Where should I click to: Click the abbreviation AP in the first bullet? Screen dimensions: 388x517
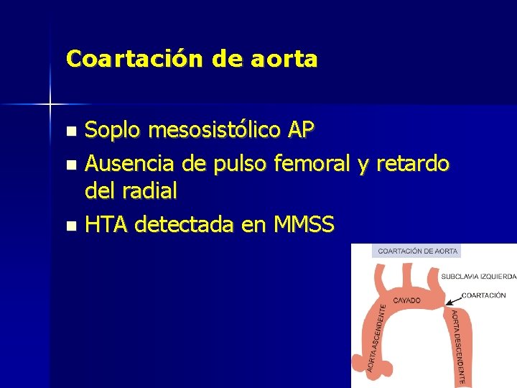coord(300,130)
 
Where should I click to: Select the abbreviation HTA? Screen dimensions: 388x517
coord(106,225)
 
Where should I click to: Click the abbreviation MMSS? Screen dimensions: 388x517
coord(304,225)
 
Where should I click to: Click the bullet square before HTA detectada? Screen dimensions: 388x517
coord(70,226)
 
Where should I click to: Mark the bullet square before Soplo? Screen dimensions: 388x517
coord(70,131)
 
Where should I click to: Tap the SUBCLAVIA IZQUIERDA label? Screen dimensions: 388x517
coord(478,275)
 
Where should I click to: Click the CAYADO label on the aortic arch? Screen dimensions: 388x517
coord(407,300)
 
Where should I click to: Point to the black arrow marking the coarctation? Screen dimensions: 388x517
coord(452,300)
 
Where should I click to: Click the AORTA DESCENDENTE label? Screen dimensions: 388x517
coord(460,345)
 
